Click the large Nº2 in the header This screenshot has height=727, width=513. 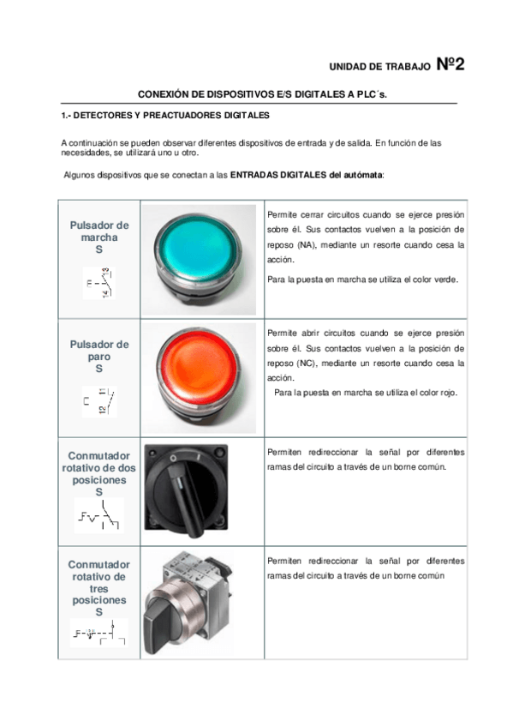450,64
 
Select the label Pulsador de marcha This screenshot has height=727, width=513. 98,237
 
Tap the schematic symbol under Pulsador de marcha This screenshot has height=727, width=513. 99,284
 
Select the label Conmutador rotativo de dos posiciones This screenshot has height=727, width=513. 98,468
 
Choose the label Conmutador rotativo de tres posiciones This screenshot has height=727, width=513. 98,588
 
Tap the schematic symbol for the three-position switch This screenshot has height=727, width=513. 98,634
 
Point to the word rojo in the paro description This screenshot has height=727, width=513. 446,393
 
